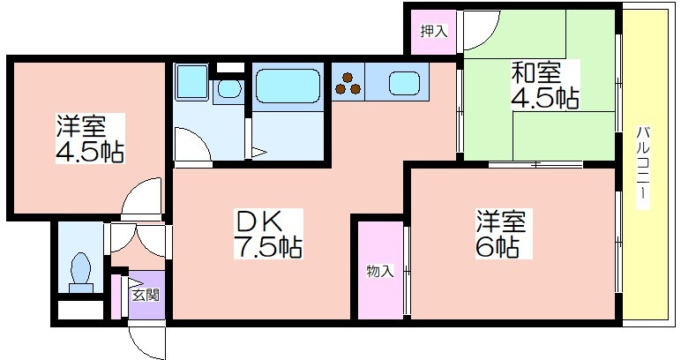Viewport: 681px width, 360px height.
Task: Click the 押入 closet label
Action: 433,31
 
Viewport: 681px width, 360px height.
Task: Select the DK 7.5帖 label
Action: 268,234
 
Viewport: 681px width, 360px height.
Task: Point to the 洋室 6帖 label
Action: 503,234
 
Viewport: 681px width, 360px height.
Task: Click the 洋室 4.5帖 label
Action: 90,139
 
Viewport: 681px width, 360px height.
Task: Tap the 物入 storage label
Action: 380,272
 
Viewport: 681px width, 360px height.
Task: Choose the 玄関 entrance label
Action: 146,296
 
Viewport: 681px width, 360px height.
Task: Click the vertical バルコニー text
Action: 643,167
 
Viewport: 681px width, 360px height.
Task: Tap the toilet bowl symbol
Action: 80,272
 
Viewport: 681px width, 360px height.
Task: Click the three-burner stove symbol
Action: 348,84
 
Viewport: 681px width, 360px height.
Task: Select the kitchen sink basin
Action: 404,83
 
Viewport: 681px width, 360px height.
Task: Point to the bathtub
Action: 288,86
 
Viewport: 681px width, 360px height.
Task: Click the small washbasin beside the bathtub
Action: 228,89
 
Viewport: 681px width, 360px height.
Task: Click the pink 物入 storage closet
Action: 380,270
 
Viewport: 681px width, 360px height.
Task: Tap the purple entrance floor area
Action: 146,296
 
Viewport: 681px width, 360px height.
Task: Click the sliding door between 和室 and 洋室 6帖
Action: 535,164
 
